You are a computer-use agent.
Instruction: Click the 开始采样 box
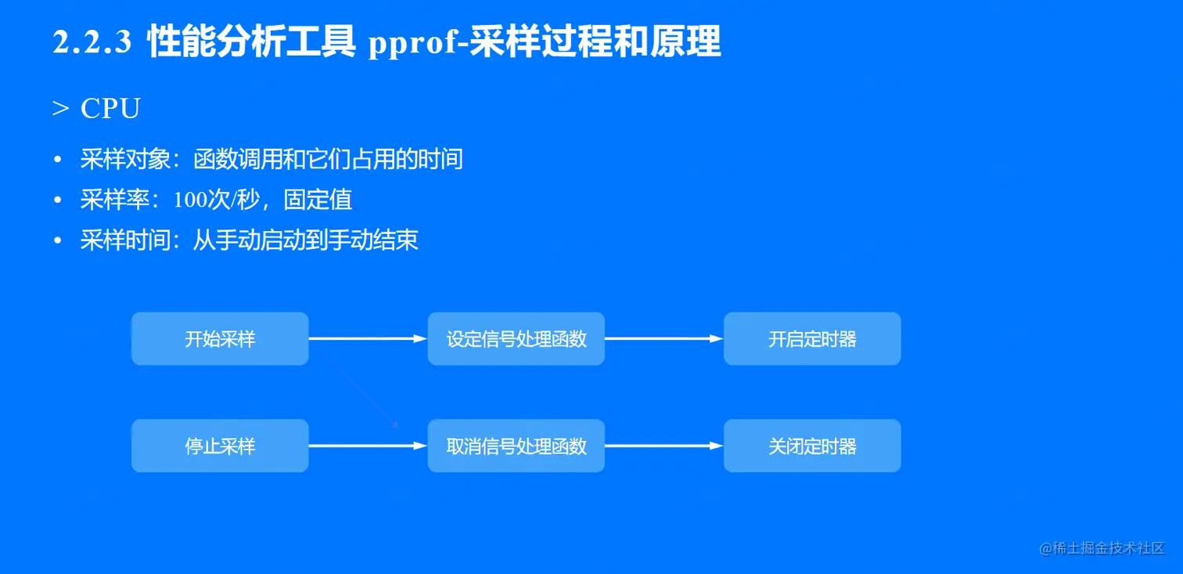tap(220, 339)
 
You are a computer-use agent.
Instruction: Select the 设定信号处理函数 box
tap(516, 339)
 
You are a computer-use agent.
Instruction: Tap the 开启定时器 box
tap(812, 339)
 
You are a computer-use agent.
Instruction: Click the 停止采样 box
tap(220, 446)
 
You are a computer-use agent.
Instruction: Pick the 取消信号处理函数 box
tap(516, 446)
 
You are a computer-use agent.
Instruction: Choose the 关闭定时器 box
tap(812, 446)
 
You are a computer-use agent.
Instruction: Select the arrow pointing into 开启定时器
tap(663, 339)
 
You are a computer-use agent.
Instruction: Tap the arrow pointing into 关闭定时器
tap(663, 446)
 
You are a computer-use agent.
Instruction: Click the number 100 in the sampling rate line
tap(190, 200)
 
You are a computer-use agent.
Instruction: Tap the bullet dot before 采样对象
tap(57, 161)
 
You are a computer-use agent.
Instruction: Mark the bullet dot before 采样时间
tap(57, 241)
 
